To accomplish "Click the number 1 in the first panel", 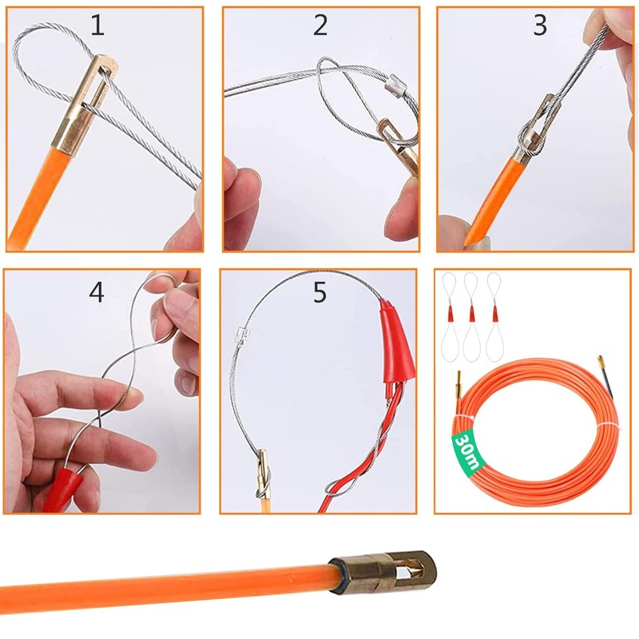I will [x=97, y=26].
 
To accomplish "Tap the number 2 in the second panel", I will [x=320, y=26].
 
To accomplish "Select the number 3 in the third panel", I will [x=540, y=26].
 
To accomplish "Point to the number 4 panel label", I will [x=97, y=292].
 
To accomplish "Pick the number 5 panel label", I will [x=319, y=292].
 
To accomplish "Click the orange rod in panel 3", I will [x=489, y=200].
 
